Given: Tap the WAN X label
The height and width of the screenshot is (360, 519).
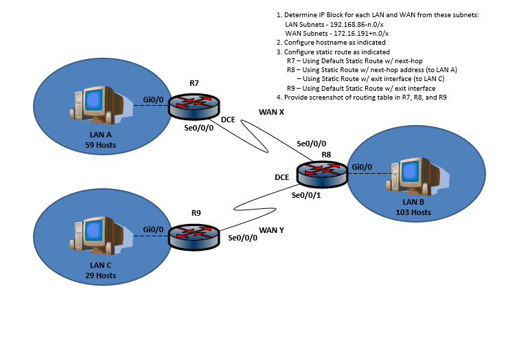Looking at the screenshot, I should click(272, 111).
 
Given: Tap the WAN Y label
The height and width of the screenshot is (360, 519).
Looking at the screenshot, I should click(271, 230).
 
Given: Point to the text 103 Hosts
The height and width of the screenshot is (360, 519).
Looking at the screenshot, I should click(413, 212).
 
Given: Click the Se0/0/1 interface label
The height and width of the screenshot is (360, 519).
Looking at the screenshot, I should click(307, 195).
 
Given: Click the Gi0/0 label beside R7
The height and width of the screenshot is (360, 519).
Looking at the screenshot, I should click(153, 99).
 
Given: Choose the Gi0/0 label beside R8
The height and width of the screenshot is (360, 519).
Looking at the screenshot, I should click(361, 167).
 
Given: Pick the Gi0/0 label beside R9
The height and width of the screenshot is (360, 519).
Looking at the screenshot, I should click(153, 229).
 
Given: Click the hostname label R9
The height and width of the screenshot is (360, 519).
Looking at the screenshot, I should click(196, 213).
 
